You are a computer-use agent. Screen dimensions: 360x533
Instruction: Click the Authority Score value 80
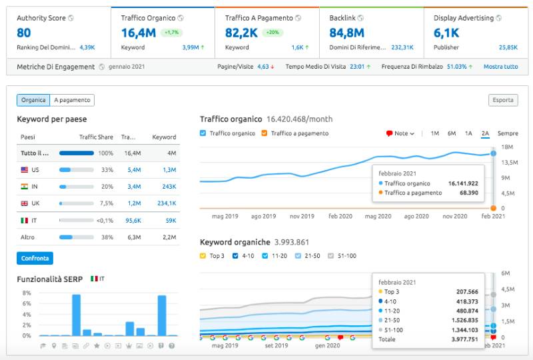(x=23, y=32)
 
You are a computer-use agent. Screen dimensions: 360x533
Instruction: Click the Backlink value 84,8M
(x=346, y=32)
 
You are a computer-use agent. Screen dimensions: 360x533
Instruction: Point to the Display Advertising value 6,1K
(x=446, y=32)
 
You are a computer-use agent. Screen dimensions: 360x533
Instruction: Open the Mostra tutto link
(x=500, y=67)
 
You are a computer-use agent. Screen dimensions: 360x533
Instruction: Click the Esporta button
(x=502, y=100)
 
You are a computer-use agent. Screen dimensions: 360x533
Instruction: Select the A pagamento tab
(x=72, y=100)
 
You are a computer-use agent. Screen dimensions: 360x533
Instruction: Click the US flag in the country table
(x=25, y=170)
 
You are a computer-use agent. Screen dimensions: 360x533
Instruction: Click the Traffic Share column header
(x=96, y=137)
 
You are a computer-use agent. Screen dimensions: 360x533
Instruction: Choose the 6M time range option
(x=452, y=133)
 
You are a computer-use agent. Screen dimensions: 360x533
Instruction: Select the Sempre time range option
(x=507, y=133)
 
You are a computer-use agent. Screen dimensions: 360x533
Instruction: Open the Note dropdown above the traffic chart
(x=400, y=133)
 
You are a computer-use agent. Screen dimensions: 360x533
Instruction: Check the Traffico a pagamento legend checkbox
(x=265, y=133)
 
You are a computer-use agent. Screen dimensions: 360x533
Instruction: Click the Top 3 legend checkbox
(x=203, y=255)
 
